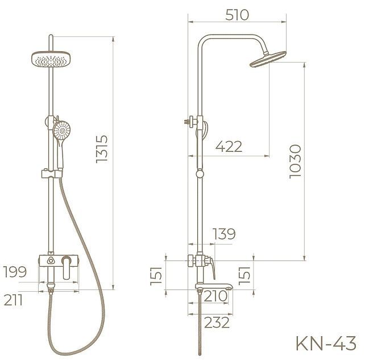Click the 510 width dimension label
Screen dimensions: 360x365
[x=237, y=15]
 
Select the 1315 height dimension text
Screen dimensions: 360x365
[x=103, y=150]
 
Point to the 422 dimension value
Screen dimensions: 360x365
[x=229, y=147]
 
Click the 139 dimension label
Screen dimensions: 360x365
[x=223, y=234]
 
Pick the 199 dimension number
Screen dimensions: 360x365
[x=14, y=271]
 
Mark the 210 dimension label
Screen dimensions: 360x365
[x=215, y=296]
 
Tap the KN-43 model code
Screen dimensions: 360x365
[x=326, y=344]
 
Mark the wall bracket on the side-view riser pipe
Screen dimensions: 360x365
[x=192, y=121]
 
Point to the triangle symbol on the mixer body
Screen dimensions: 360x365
[x=52, y=261]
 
